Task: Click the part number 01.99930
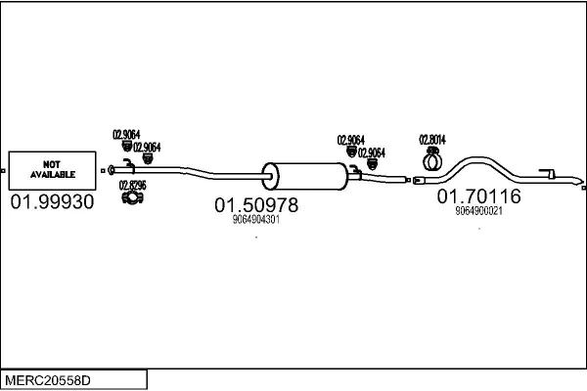tap(52, 203)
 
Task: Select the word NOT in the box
tap(52, 163)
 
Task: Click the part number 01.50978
tap(256, 206)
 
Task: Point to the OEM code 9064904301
tap(256, 221)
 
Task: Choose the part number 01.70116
tap(478, 196)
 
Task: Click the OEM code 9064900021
tap(478, 210)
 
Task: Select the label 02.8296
tap(132, 185)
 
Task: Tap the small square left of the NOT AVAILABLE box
tap(4, 171)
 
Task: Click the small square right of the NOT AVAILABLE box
tap(102, 171)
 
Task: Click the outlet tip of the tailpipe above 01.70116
tap(580, 184)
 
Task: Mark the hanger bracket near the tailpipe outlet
tap(552, 173)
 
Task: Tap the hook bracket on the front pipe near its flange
tap(127, 163)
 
